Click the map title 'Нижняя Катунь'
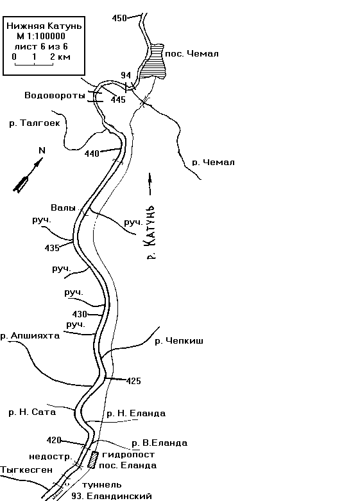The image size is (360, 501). click(44, 26)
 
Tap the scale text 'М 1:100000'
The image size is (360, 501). click(41, 36)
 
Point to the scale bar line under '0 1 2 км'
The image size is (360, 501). click(34, 64)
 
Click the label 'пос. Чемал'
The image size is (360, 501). click(192, 54)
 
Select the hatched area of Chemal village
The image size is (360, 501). click(154, 61)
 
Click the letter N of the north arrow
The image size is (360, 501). click(42, 150)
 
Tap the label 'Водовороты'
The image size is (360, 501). click(55, 95)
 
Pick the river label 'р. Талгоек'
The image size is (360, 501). click(35, 123)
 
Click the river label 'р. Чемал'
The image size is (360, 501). click(213, 163)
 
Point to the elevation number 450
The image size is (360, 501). click(119, 18)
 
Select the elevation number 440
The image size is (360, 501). click(92, 154)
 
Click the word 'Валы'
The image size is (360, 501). click(63, 207)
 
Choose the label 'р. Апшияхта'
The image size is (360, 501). click(30, 336)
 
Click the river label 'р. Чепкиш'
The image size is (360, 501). click(179, 341)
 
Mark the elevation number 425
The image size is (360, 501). click(133, 381)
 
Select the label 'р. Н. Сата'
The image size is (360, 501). click(32, 412)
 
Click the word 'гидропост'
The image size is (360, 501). click(128, 454)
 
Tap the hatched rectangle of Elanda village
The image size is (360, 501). click(93, 459)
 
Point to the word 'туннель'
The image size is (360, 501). click(102, 485)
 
